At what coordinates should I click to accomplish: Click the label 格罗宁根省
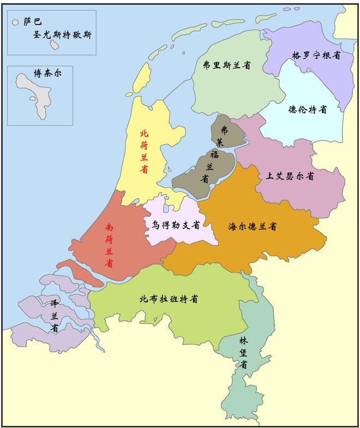(x=316, y=55)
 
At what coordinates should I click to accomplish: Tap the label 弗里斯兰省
(x=226, y=66)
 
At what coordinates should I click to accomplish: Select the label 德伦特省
(x=308, y=109)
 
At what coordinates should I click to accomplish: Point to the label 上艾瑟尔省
(x=290, y=176)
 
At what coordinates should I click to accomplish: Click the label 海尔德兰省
(x=253, y=225)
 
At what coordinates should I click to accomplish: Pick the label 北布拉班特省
(x=169, y=299)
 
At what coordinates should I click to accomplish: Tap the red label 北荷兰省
(x=144, y=151)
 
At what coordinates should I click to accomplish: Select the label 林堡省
(x=243, y=352)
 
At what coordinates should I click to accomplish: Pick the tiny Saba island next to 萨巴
(x=16, y=23)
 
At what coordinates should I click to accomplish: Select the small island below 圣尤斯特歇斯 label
(x=55, y=45)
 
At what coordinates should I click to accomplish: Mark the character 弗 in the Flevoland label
(x=224, y=130)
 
